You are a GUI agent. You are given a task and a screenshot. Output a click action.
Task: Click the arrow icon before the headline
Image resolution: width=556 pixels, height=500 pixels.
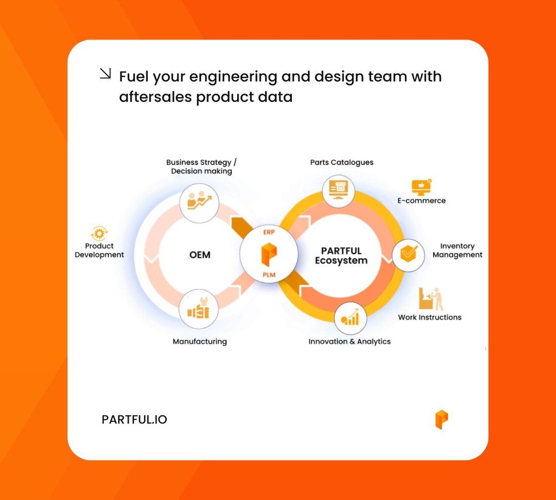[x=105, y=75]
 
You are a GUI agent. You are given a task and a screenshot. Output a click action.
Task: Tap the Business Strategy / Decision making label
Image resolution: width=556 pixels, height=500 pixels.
[x=201, y=167]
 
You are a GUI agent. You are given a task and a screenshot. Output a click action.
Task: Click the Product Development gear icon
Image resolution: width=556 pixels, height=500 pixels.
[x=98, y=233]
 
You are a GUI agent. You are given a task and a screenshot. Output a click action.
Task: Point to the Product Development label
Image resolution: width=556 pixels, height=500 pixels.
[x=99, y=251]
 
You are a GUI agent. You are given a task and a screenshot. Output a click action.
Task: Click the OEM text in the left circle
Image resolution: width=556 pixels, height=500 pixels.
[x=199, y=255]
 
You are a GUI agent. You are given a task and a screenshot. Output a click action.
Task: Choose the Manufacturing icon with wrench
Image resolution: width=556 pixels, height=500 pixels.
[x=198, y=310]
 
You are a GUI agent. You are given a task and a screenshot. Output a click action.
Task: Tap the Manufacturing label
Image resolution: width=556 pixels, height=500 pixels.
[x=200, y=342]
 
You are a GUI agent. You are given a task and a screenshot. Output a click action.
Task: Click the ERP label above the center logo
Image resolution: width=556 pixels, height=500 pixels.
[x=269, y=233]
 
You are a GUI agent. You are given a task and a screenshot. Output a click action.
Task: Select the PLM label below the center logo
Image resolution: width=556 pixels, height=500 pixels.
[x=269, y=275]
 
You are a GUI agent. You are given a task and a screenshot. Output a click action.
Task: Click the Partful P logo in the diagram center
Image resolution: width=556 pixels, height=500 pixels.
[x=269, y=254]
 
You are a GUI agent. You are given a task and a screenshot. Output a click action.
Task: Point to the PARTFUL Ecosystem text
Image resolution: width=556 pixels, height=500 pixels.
[x=341, y=256]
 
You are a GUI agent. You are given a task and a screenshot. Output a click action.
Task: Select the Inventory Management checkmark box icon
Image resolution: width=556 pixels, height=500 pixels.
[x=409, y=254]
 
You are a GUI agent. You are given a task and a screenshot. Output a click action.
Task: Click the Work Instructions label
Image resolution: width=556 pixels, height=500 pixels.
[x=429, y=317]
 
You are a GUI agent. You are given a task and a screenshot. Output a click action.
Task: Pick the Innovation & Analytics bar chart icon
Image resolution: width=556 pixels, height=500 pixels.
[x=350, y=318]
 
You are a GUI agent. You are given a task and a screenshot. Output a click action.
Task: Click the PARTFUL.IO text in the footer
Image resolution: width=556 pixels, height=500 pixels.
[x=134, y=420]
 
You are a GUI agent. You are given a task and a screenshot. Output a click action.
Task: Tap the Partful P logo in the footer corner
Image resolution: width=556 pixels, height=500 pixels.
[x=441, y=419]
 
